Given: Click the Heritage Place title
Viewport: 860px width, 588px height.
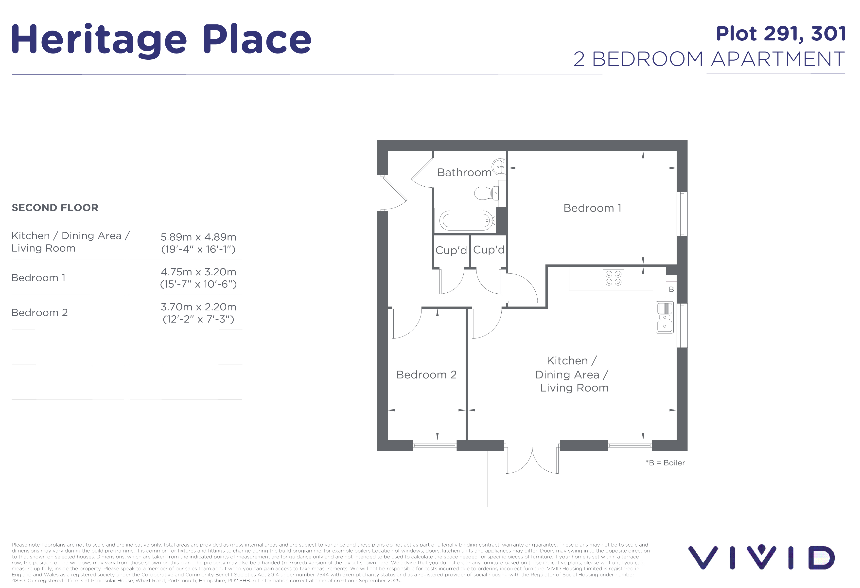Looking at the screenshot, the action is [162, 40].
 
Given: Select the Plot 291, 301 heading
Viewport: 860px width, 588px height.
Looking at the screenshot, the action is [781, 34].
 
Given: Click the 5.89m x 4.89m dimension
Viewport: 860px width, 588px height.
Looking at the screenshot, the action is [198, 237].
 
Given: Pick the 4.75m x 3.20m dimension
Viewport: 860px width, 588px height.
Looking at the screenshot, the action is [198, 272].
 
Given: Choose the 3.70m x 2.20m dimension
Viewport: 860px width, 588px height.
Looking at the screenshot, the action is [198, 307].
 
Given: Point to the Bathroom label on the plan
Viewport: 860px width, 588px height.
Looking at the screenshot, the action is [464, 172].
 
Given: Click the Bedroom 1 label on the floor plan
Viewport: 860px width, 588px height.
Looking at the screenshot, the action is [593, 208].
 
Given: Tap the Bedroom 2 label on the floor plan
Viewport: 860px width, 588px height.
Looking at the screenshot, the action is [426, 374].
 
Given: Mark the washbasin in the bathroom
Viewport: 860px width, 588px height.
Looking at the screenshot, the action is [499, 167].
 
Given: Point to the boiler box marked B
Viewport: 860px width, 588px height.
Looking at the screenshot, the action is [671, 289].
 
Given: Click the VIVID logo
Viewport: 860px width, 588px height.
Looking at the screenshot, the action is [762, 557].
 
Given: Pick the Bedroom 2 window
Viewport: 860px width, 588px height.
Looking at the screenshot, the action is [435, 445].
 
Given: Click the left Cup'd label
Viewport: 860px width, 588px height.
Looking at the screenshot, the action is [451, 250].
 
